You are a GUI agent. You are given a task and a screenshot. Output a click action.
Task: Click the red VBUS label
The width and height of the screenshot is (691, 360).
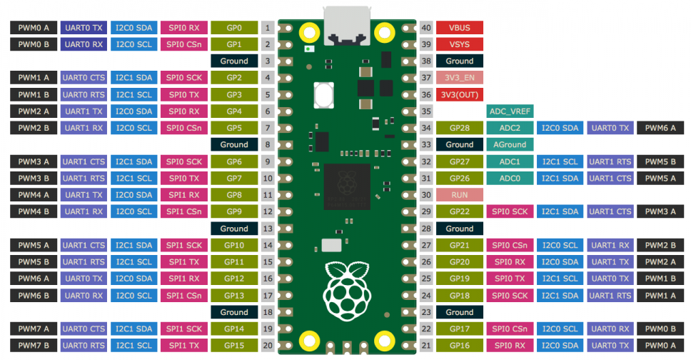460,28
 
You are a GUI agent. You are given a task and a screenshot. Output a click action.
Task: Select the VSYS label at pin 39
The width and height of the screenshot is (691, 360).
460,44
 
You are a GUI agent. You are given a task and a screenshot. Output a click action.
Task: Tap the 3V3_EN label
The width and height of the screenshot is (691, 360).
460,78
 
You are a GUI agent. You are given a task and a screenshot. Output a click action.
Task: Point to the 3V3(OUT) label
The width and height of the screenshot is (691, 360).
460,94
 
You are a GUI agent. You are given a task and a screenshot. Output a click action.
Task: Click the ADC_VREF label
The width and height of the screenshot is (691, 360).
510,111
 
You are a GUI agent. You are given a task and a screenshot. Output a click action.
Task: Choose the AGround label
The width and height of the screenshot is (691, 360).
510,145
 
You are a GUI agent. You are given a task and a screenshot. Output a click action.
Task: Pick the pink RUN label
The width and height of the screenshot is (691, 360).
460,195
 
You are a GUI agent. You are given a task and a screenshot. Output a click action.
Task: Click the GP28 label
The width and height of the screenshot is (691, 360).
460,128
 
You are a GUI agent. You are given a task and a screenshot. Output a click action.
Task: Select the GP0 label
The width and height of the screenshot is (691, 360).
234,28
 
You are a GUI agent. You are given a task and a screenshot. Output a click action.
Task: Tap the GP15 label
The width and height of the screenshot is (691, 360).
234,346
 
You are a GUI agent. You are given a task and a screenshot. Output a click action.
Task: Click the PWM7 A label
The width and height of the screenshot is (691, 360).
34,329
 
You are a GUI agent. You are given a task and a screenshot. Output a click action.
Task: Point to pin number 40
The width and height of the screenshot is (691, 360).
426,28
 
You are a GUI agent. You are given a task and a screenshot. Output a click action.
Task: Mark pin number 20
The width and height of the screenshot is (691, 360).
268,346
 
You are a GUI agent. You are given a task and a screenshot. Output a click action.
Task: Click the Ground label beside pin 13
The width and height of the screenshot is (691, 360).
234,229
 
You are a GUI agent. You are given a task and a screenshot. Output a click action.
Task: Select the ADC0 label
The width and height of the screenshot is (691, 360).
510,179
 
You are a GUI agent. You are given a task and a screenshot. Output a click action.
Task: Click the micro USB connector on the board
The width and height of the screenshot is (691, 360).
347,26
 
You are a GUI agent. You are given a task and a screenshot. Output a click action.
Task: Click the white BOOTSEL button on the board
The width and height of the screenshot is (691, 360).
323,95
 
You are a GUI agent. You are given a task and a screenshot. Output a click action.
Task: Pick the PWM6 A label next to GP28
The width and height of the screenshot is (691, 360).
660,128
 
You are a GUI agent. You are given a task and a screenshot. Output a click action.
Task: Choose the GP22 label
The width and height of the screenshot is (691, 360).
460,211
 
